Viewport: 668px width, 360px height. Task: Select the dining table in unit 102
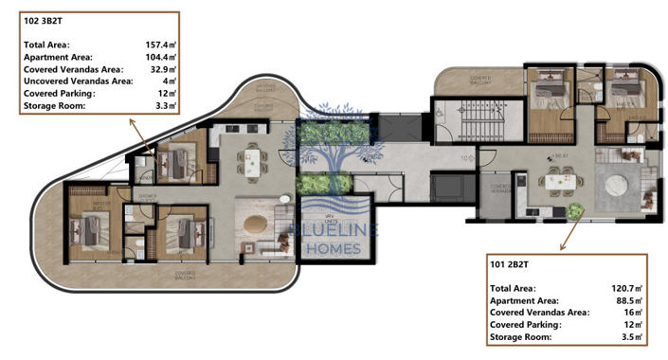[252, 161]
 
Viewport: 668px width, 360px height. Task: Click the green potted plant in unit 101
[576, 205]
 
